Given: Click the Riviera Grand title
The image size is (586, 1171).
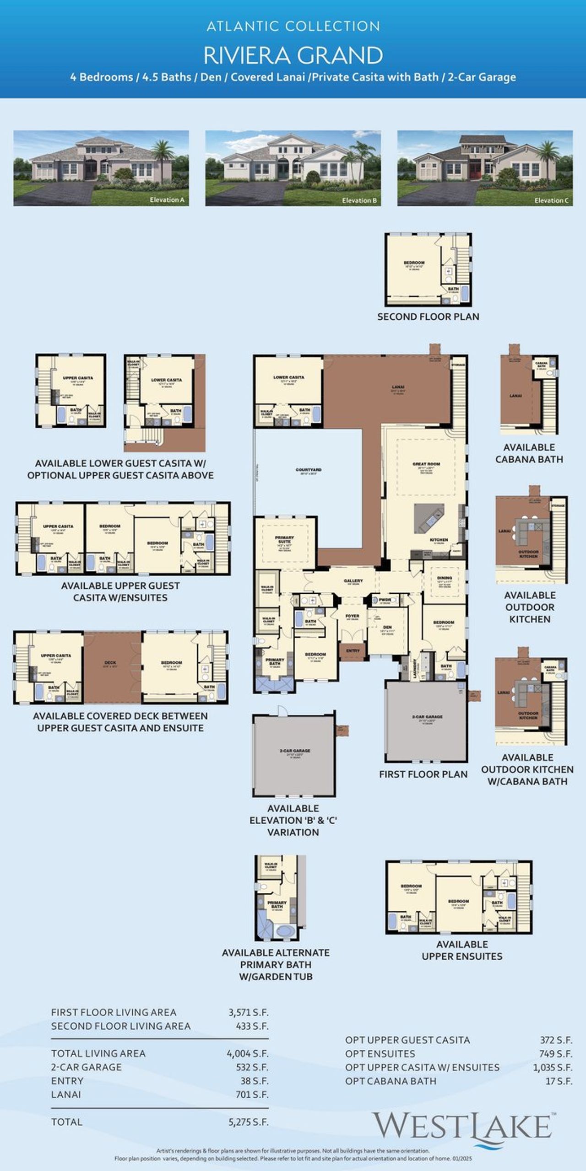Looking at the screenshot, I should point(293,55).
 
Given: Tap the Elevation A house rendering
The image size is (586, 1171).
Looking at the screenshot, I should point(101,168).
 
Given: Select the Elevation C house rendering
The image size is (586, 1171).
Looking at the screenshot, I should point(485,168).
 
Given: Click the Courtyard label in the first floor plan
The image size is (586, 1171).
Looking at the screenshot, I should point(308,470).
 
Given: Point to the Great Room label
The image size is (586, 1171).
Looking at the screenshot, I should point(426,464).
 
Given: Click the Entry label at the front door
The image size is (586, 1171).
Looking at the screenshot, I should point(353,650).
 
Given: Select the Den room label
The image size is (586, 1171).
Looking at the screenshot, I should point(387,628).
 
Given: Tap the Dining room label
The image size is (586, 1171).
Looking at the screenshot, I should point(444,578).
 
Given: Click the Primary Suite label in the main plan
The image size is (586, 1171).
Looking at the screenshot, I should point(284,539).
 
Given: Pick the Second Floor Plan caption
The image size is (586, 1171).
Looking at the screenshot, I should point(428,317).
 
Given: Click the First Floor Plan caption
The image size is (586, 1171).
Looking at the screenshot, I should point(423,774).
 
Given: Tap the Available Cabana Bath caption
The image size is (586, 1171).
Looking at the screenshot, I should point(529,453).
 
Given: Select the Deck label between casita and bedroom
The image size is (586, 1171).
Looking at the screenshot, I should point(110,662).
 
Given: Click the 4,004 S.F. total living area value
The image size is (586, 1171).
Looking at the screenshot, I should point(247,1053).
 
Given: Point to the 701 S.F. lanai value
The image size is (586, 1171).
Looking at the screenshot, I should point(251,1095).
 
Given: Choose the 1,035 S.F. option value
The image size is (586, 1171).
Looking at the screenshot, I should point(552,1067).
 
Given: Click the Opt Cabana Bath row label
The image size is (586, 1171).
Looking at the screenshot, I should point(391,1081).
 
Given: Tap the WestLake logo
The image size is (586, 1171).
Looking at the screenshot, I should point(463,1126).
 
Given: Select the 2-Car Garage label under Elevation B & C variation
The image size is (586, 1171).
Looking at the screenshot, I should point(295,751).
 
